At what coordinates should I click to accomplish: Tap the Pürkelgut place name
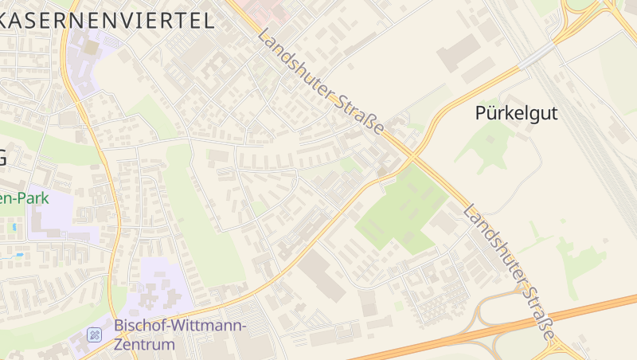(516, 113)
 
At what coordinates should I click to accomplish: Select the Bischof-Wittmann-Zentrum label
(180, 335)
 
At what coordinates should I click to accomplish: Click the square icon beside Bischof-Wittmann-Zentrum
(95, 334)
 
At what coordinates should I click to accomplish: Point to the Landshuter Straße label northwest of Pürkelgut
(321, 83)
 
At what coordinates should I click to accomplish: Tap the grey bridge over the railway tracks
(537, 54)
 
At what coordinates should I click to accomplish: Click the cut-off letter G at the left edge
(3, 158)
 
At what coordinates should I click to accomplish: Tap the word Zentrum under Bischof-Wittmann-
(144, 345)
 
